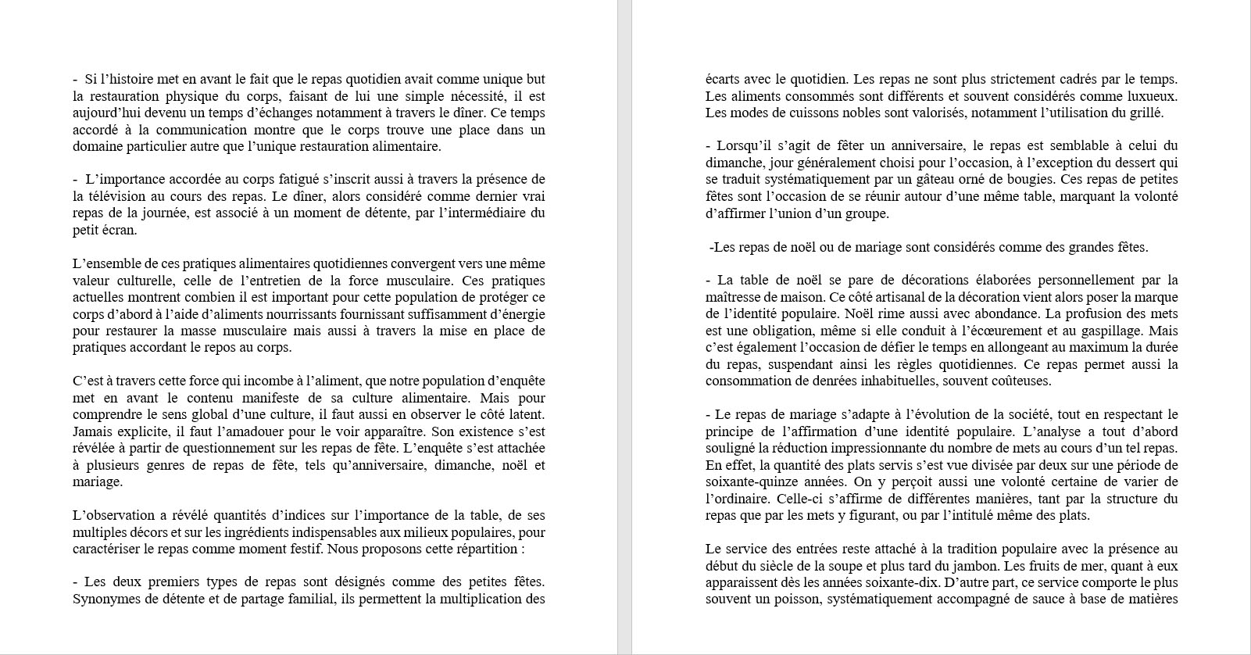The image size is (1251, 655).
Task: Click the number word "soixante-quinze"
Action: coord(747,482)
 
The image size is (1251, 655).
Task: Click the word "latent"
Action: coord(524,415)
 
